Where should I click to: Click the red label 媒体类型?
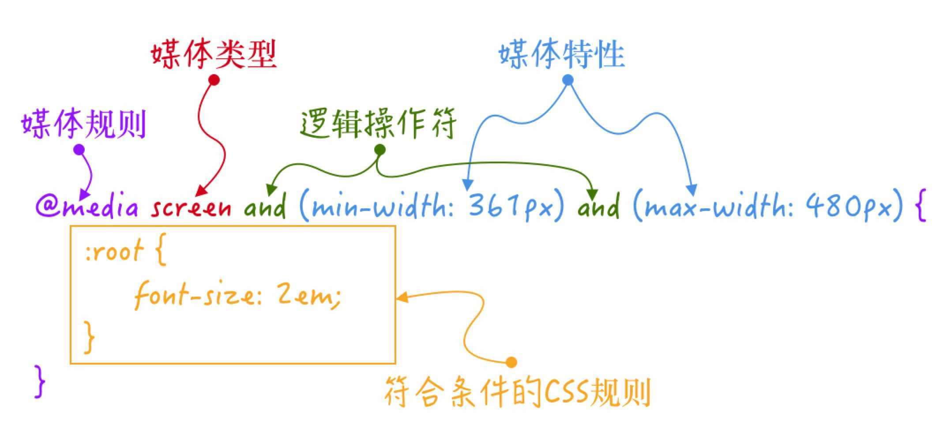(214, 55)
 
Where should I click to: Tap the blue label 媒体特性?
(562, 55)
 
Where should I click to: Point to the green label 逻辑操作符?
(378, 124)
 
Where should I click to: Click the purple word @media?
(87, 206)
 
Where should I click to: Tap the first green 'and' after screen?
(265, 206)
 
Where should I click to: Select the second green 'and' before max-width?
(598, 206)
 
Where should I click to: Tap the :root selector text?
(114, 252)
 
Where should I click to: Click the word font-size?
(194, 295)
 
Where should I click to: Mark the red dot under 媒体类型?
(214, 80)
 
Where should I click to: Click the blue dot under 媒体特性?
(568, 80)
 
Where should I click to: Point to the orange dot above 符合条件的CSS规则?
(511, 362)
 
